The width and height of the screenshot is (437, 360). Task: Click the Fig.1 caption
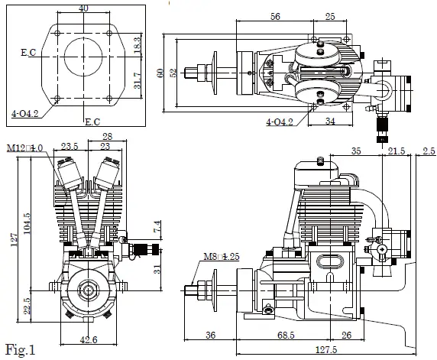coord(20,350)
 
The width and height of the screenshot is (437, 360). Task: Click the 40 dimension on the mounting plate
coord(83,8)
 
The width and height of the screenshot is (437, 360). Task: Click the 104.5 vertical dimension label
coord(28,226)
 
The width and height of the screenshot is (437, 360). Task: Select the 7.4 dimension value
coord(157,226)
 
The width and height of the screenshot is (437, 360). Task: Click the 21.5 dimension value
coord(397,152)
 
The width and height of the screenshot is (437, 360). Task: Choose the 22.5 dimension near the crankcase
coord(28,305)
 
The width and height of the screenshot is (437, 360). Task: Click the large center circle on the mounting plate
coord(83,54)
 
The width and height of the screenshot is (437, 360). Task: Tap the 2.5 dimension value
coord(429,152)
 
